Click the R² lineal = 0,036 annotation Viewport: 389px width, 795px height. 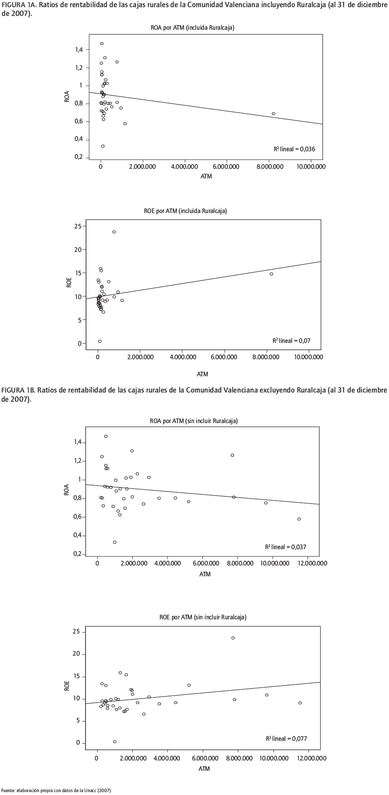(297, 149)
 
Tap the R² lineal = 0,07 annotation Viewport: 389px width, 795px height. (291, 341)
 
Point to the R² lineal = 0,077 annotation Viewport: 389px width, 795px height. (286, 739)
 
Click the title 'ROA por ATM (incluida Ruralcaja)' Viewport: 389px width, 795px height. (192, 28)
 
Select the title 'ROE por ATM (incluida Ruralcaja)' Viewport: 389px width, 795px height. (185, 211)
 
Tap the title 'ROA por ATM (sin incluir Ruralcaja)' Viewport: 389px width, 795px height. (194, 421)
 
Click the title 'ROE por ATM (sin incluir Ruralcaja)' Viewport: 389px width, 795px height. (203, 617)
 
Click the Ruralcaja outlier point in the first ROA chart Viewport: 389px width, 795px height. (273, 114)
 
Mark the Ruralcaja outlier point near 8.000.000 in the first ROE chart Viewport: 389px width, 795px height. (271, 274)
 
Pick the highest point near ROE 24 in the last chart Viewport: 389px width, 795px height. (233, 638)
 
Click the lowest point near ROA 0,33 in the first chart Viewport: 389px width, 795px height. (103, 146)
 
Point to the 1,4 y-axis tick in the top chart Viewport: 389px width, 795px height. (78, 50)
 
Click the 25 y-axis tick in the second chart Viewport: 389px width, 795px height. (78, 226)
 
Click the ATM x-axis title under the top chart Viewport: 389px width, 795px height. (206, 176)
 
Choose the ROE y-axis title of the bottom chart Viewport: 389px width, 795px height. (67, 686)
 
